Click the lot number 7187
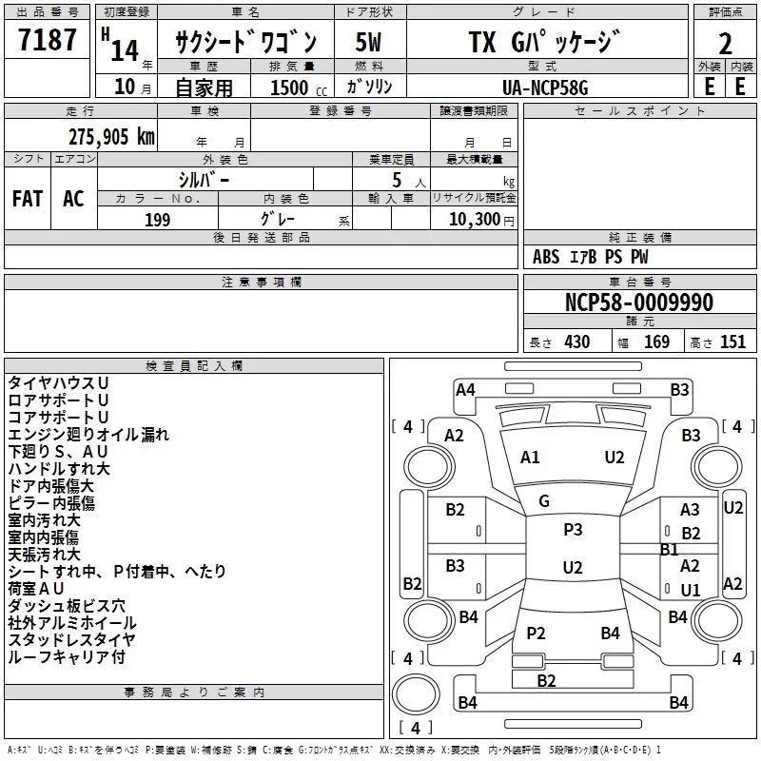pos(48,41)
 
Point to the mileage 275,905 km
pos(111,136)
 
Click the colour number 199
pos(158,220)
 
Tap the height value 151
pos(732,342)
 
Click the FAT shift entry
pos(27,199)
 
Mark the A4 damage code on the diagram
pos(465,389)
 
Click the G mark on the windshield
pos(544,500)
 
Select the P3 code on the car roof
pos(573,530)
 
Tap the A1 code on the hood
pos(530,458)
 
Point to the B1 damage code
pos(670,550)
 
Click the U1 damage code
pos(691,590)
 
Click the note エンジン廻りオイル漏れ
pos(88,434)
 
